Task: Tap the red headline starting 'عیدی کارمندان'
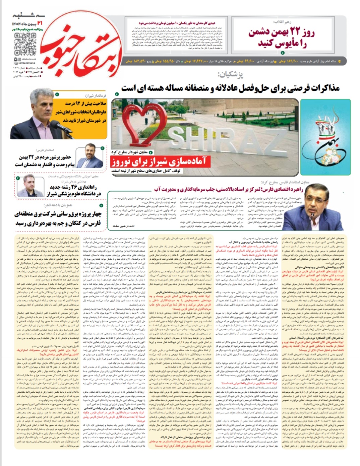(172, 23)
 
